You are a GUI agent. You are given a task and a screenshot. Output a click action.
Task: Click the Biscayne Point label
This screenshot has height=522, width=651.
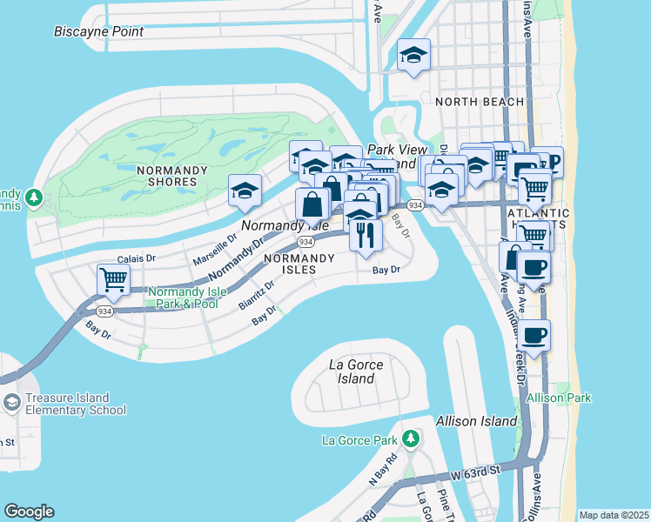[x=98, y=31]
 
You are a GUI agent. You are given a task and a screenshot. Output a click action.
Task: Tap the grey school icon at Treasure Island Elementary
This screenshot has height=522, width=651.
[x=11, y=401]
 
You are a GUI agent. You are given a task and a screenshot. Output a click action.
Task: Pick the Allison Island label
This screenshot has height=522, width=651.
[x=477, y=421]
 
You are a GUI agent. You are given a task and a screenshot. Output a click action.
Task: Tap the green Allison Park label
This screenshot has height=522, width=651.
[x=559, y=398]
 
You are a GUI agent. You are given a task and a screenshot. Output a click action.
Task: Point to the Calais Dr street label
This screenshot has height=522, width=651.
[x=136, y=258]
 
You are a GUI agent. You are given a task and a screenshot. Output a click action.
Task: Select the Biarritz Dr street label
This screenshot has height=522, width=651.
[x=256, y=295]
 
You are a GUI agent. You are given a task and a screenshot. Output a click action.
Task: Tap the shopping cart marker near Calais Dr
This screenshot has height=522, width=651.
[x=114, y=280]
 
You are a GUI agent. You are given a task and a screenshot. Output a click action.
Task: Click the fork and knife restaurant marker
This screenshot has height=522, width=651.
[x=366, y=233]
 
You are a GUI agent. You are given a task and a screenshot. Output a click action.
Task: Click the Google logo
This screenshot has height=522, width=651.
[x=29, y=512]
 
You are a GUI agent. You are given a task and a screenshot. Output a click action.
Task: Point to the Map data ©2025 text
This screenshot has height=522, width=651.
[x=614, y=515]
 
